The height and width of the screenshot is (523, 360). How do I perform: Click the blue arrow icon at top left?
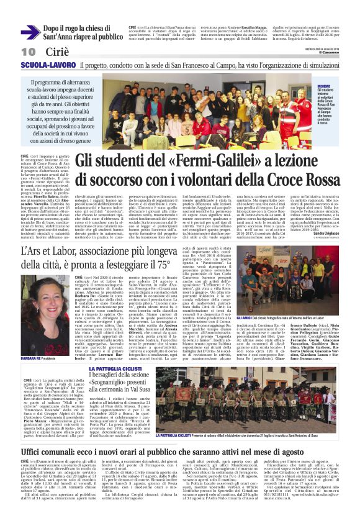pyautogui.click(x=30, y=32)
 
